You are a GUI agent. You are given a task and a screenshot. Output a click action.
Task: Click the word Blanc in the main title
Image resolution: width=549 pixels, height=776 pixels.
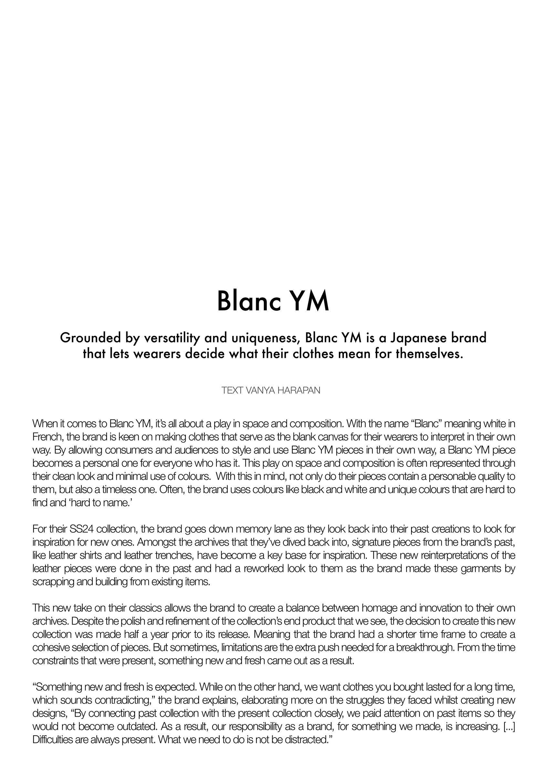pyautogui.click(x=249, y=300)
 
